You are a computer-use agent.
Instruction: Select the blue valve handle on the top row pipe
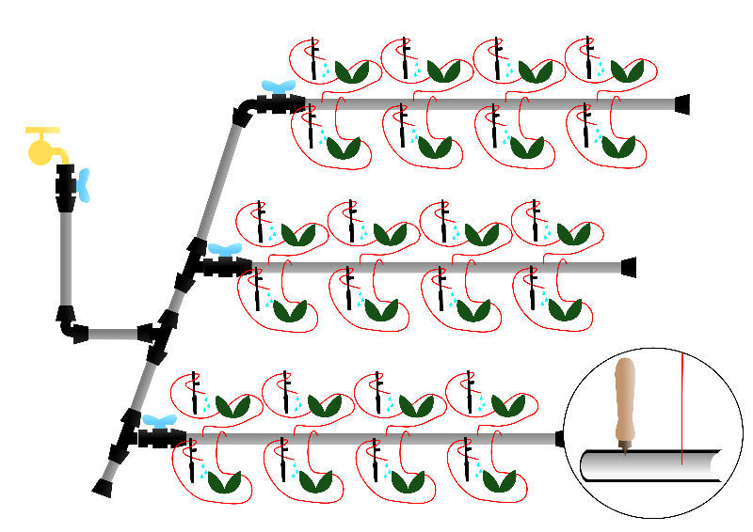(x=278, y=87)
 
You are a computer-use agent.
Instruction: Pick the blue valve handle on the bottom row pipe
(x=157, y=421)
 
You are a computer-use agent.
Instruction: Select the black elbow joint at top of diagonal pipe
(x=242, y=112)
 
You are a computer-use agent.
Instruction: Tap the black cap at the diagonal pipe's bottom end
(x=103, y=487)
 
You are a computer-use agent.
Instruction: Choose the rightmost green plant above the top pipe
(x=627, y=70)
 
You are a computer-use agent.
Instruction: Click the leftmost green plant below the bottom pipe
(x=224, y=482)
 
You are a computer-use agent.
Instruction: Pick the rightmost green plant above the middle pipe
(x=574, y=234)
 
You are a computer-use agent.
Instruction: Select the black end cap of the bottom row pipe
(x=561, y=438)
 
